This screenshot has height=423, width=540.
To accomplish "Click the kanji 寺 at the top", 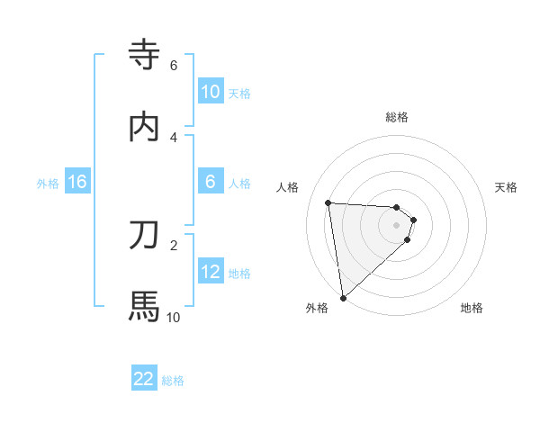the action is coord(144,56).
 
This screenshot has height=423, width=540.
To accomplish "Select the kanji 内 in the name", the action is coord(144,127).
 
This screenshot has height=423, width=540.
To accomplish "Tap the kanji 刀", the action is coord(144,234).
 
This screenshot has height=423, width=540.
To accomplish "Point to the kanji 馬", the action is coord(144,306).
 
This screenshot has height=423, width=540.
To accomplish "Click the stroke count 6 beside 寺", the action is coord(174,66).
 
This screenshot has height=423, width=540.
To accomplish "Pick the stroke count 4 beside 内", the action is coord(174,137).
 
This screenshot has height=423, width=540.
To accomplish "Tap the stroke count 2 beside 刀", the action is coord(174,244).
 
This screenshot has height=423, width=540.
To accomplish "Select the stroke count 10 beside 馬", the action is coord(173,317).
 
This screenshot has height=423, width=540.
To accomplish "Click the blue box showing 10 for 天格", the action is coord(210,92).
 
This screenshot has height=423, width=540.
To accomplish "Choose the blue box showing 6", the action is coord(210,182).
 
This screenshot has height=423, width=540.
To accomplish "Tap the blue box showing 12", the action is coord(210,272).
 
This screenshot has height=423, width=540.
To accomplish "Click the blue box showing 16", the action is coord(77,182).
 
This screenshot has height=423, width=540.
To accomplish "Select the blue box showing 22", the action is coord(144,379).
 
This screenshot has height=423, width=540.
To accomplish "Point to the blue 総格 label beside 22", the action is coord(173,381).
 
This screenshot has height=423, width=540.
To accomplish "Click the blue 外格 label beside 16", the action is coord(48,184).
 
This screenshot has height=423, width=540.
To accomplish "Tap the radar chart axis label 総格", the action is coord(397,117).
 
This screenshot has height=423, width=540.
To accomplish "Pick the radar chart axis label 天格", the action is coord(507,187).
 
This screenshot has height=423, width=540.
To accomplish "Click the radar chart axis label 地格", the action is coord(472,308).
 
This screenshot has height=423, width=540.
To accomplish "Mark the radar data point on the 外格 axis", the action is coord(342,297).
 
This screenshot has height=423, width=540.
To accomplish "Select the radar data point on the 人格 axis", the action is coord(328,202).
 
